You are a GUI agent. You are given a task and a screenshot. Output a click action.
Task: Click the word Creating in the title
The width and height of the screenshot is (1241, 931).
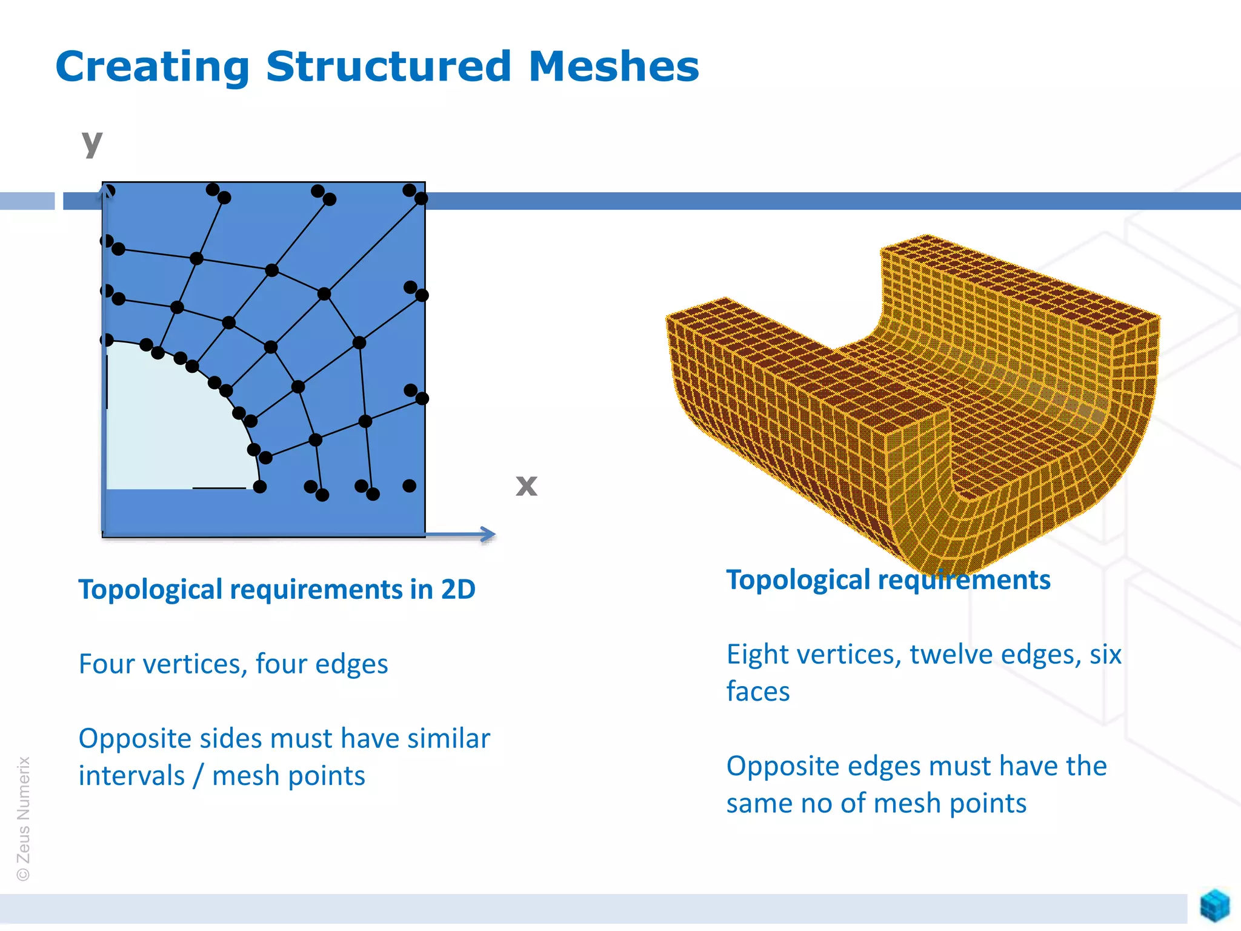tap(152, 67)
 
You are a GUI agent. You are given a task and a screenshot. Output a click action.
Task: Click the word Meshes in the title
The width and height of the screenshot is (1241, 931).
tap(613, 66)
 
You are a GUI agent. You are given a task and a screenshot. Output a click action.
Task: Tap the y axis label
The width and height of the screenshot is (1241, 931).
tap(92, 144)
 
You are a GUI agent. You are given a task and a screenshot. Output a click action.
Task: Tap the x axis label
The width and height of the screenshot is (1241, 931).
tap(526, 485)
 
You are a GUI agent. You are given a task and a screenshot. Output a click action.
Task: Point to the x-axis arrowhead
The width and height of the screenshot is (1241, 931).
tap(488, 534)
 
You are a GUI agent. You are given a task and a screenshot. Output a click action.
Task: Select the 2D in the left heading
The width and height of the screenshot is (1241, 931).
tap(458, 590)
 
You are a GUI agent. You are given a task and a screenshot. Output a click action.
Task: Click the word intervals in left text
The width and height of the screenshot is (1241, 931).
tap(131, 776)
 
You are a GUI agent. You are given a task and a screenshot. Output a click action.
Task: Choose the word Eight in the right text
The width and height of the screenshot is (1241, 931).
tap(757, 655)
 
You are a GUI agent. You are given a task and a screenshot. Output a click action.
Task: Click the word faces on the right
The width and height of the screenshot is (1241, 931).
tap(757, 692)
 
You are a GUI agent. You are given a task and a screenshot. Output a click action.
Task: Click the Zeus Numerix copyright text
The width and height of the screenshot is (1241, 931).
tap(23, 818)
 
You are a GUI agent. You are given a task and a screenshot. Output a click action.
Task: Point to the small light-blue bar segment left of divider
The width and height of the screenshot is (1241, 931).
tap(27, 201)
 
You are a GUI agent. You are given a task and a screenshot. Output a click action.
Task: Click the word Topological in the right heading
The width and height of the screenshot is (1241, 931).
tap(798, 580)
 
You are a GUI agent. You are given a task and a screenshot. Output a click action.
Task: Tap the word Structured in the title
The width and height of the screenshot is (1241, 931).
tap(388, 66)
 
